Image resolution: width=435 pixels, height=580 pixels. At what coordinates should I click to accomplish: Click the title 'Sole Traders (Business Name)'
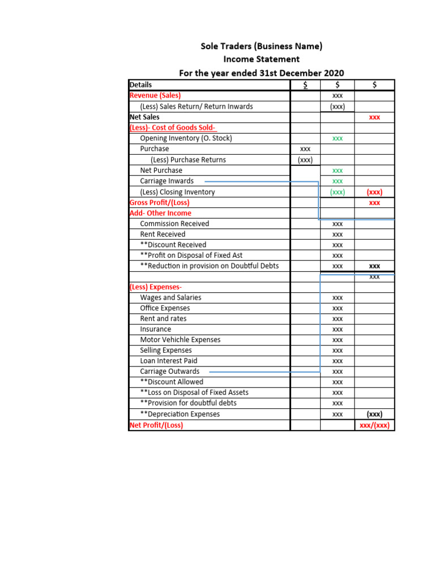pos(261,46)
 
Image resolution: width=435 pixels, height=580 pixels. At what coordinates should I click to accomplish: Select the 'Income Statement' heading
pos(261,59)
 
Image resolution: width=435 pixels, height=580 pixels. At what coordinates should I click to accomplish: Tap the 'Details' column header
pos(141,85)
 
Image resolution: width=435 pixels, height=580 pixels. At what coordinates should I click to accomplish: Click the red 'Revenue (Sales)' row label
pos(155,96)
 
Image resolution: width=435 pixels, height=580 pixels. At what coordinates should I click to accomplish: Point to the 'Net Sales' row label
pos(144,117)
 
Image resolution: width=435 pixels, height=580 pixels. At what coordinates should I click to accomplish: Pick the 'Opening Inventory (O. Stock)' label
pos(186,138)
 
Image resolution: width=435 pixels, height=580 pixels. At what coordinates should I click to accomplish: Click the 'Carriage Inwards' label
pos(167,181)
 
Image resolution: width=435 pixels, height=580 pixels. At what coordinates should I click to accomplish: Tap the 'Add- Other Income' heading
pos(160,213)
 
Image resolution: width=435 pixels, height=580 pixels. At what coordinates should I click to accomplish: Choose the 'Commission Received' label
pos(174,224)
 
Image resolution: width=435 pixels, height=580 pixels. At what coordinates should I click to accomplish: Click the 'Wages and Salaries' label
pos(170,297)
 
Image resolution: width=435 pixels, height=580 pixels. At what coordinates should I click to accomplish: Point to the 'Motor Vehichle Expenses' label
pos(180,340)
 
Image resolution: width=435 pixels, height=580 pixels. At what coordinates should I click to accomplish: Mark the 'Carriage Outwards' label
pos(170,372)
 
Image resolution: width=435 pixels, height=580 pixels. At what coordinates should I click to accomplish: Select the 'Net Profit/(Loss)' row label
pos(156,425)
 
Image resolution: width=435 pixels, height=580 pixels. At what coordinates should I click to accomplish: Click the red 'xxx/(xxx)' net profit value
pos(374,425)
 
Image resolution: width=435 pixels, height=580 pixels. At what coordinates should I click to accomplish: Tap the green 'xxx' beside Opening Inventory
pos(338,138)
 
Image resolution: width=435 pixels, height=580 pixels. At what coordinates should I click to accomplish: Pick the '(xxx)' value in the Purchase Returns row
pos(305,160)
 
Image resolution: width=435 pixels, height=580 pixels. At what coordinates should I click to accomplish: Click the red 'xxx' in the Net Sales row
pos(374,117)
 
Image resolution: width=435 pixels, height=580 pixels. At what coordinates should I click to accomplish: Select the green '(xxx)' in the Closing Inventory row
pos(338,192)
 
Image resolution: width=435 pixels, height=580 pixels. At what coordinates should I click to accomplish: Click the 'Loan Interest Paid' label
pos(169,361)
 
